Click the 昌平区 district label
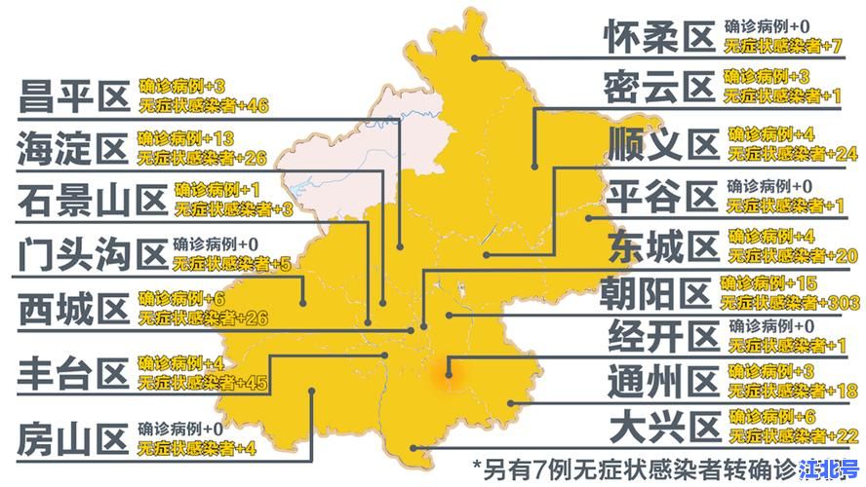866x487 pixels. (73, 96)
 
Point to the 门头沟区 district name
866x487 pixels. (92, 255)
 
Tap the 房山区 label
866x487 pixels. (73, 438)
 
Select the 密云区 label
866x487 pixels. (659, 88)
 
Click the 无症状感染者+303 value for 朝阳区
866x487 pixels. (781, 302)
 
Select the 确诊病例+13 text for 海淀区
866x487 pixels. (185, 137)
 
